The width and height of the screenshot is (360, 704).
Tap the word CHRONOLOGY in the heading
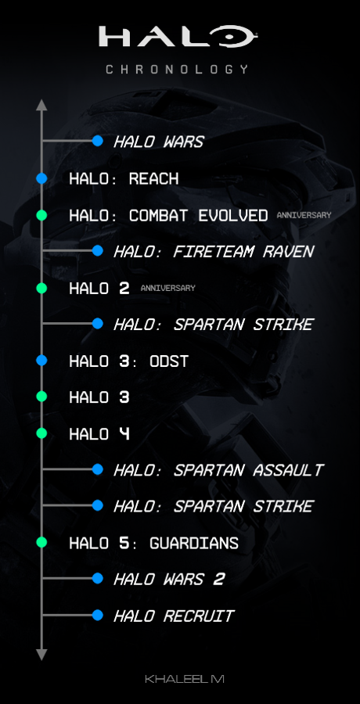tap(178, 69)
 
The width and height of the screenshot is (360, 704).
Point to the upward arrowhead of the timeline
tap(42, 105)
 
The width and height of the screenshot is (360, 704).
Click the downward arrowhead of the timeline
tap(42, 654)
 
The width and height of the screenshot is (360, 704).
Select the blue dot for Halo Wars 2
tap(98, 579)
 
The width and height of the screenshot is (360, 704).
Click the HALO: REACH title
tap(124, 178)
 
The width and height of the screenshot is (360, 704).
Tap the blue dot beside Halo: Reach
tap(42, 178)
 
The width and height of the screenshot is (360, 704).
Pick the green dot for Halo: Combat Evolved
tap(42, 215)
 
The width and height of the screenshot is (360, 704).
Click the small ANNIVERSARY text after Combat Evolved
tap(304, 215)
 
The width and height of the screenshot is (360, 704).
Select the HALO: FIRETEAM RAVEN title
tap(213, 252)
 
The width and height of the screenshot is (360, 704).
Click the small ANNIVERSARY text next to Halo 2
tap(167, 288)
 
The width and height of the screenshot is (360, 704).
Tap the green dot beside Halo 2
tap(42, 288)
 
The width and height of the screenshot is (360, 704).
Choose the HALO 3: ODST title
tap(128, 361)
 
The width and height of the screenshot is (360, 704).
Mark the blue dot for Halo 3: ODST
tap(42, 361)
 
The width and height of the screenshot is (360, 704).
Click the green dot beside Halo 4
tap(42, 433)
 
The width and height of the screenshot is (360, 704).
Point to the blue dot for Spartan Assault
tap(98, 469)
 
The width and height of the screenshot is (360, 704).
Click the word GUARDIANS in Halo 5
tap(194, 543)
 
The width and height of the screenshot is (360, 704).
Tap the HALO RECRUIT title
tap(173, 616)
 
